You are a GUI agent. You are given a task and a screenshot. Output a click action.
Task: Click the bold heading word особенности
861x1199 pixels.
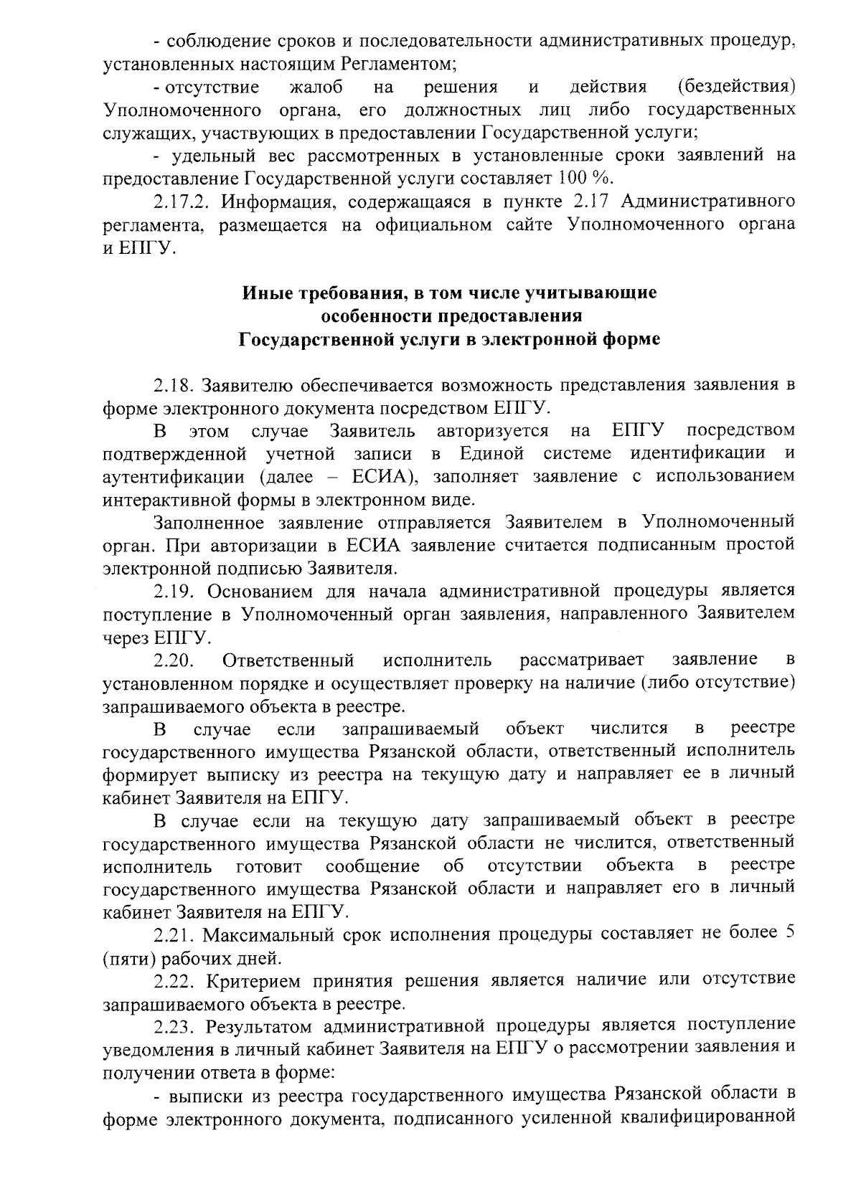(387, 316)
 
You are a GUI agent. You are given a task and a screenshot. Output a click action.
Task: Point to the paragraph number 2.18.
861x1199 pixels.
(173, 385)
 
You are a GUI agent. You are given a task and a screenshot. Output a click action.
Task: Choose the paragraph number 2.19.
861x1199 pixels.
(173, 591)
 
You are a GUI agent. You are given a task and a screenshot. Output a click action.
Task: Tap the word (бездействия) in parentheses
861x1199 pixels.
(736, 87)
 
